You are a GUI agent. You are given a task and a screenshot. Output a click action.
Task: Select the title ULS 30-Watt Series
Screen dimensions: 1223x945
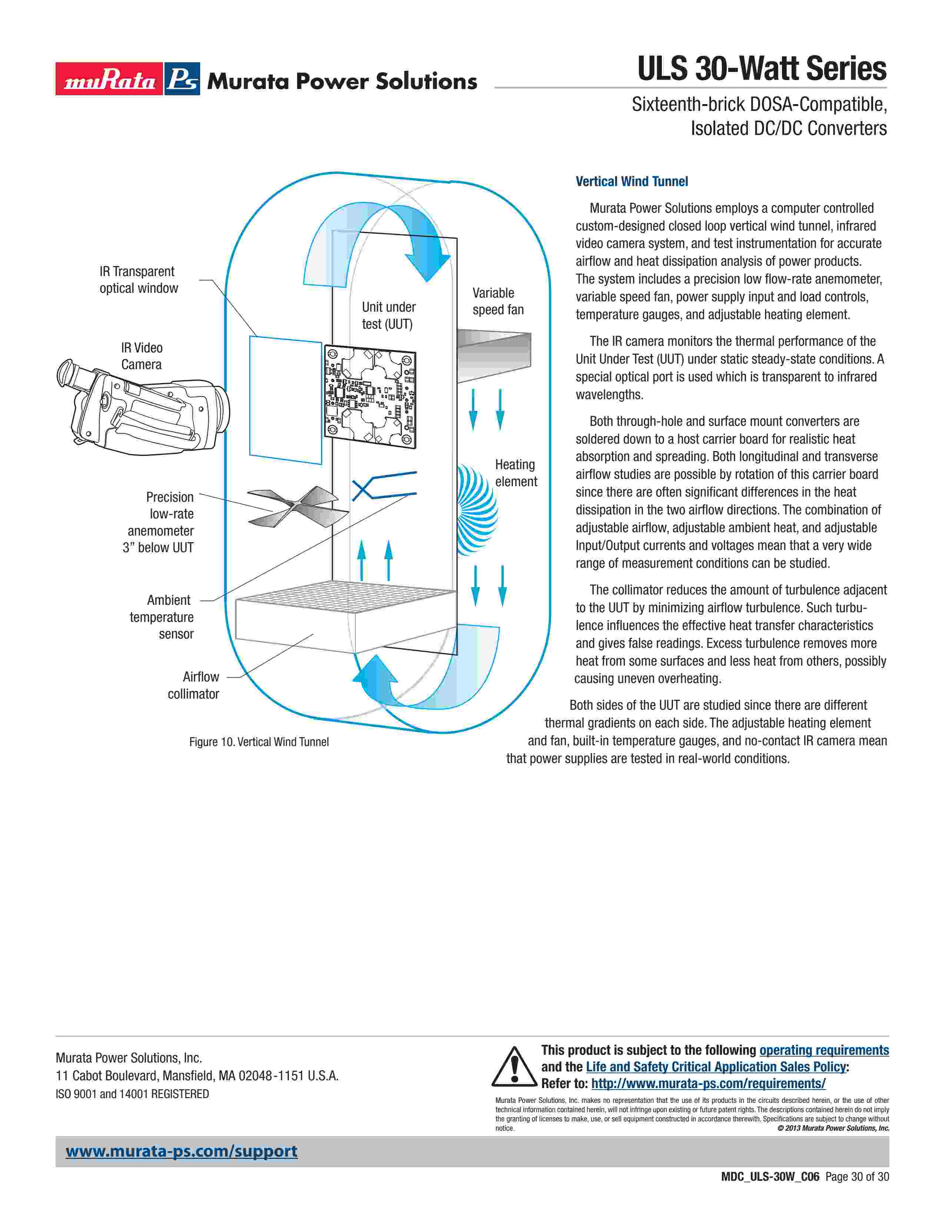click(x=762, y=69)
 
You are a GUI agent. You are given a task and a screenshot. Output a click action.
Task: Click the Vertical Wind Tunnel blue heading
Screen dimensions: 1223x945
click(x=631, y=182)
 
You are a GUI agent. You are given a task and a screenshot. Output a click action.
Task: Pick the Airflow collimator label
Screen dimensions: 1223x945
click(x=194, y=685)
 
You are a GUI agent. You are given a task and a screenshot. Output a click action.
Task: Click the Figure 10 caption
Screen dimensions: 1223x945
click(x=259, y=742)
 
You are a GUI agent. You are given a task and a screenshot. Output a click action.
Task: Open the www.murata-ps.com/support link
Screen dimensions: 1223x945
click(x=181, y=1151)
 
